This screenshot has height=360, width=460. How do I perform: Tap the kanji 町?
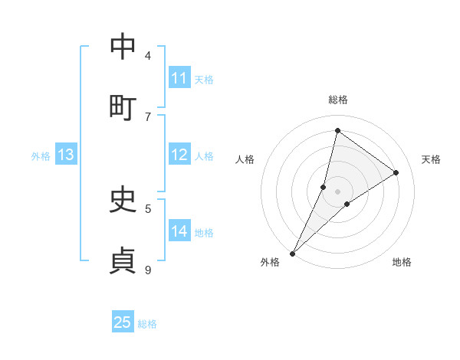[x=123, y=107]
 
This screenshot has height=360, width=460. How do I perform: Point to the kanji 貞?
[x=123, y=260]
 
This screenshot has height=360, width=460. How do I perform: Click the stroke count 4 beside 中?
[x=148, y=55]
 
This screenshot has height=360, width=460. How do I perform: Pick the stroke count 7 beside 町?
[x=148, y=116]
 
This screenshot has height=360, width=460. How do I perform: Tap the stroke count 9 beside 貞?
[x=148, y=270]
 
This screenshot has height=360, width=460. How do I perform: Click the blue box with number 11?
[x=179, y=78]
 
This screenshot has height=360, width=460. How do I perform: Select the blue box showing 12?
[x=179, y=155]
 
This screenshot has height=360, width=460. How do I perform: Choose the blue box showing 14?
[x=179, y=231]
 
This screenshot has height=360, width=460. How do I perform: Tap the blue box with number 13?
[x=66, y=155]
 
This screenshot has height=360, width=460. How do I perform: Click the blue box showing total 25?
[x=123, y=322]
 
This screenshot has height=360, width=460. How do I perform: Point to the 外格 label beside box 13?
[x=41, y=156]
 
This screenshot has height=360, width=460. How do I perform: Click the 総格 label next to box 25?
[x=147, y=324]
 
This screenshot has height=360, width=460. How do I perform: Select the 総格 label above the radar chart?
[x=337, y=100]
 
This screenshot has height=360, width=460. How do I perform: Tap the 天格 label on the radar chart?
[x=431, y=159]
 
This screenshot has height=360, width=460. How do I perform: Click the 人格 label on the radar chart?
[x=245, y=159]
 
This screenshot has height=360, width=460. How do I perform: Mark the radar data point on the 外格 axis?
[x=292, y=253]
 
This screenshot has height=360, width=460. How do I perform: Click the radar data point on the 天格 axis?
[x=396, y=172]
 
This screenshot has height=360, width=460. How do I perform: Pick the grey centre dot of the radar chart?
[x=337, y=191]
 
